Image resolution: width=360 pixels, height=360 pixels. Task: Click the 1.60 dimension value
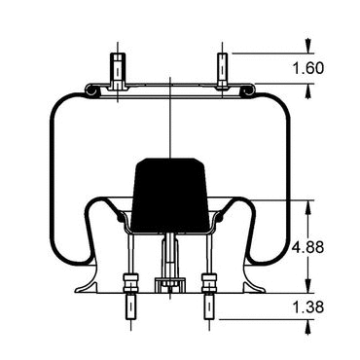(308, 68)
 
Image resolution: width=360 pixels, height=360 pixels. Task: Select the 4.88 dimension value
(308, 247)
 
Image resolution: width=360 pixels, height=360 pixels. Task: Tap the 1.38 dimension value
(308, 307)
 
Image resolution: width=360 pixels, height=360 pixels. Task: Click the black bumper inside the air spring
(170, 196)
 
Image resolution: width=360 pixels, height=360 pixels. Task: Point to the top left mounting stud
(118, 70)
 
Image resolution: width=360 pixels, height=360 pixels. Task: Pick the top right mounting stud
(222, 70)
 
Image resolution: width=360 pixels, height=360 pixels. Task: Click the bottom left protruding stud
(130, 306)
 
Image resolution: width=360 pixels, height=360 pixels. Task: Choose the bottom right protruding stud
(209, 306)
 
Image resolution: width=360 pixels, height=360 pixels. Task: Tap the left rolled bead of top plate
(90, 90)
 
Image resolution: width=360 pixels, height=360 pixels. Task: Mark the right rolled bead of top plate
(248, 90)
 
